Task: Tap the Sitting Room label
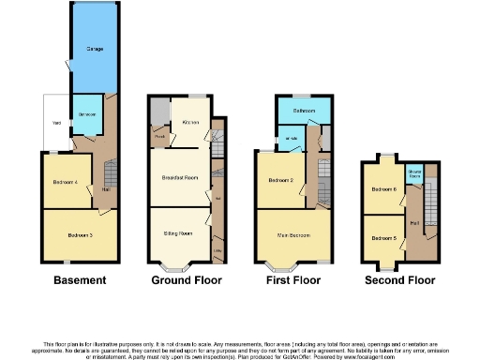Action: tap(178, 232)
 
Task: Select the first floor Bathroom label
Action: tap(302, 111)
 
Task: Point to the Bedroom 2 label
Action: tap(281, 181)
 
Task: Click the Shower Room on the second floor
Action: tap(413, 173)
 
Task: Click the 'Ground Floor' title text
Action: tap(184, 279)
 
